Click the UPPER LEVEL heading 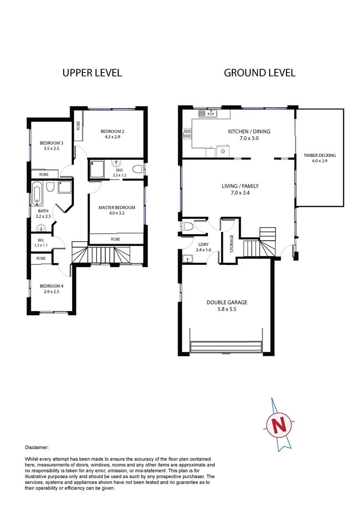92,73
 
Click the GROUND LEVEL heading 260,73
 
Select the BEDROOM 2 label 112,131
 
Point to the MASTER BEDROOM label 116,207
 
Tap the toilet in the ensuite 138,170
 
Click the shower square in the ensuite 97,170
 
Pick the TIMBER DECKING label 319,155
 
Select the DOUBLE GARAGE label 227,303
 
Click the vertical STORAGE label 231,244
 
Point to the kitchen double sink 207,113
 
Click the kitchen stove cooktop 187,134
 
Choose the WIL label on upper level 41,240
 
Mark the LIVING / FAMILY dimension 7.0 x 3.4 240,192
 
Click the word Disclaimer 36,448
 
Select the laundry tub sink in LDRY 187,258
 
